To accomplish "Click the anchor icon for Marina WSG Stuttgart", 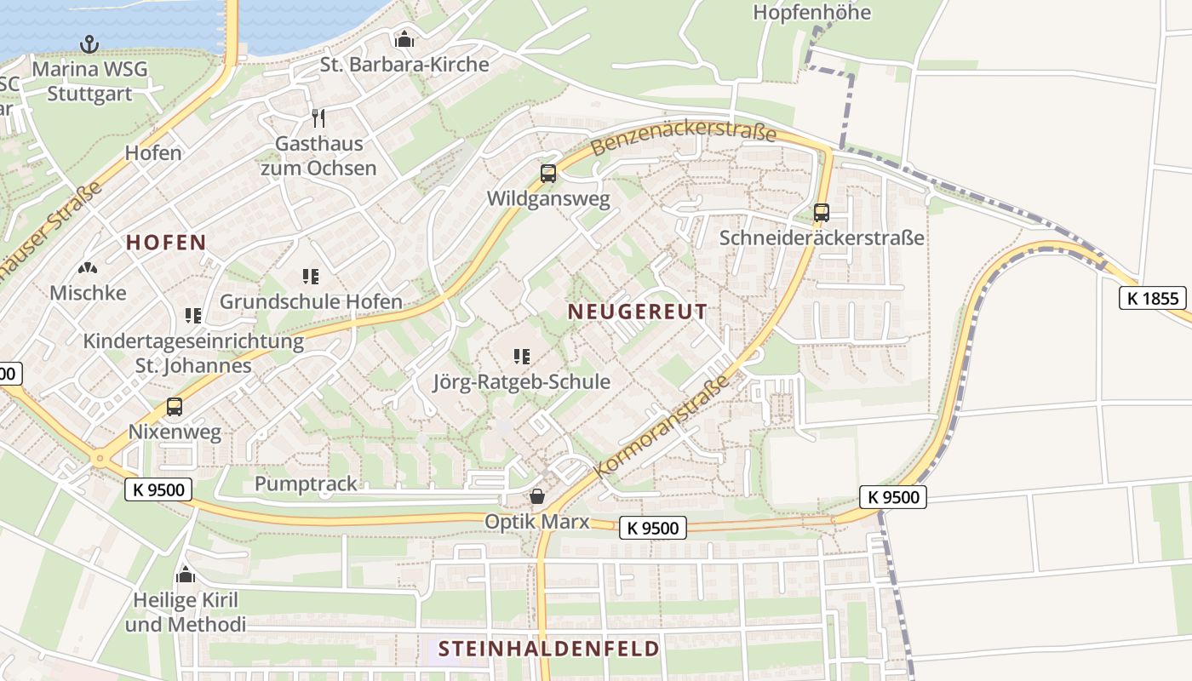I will pyautogui.click(x=89, y=43).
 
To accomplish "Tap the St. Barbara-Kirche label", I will pyautogui.click(x=404, y=65).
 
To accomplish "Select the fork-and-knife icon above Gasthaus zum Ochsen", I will pyautogui.click(x=319, y=117).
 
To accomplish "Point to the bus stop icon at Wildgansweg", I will pyautogui.click(x=548, y=174).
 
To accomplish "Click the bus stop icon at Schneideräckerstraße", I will pyautogui.click(x=822, y=212).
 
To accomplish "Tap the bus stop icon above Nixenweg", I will pyautogui.click(x=175, y=406).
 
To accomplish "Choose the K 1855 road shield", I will pyautogui.click(x=1153, y=298).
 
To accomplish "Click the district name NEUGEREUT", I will pyautogui.click(x=638, y=312).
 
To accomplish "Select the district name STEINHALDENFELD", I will pyautogui.click(x=549, y=649).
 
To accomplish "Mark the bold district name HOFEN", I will pyautogui.click(x=167, y=243).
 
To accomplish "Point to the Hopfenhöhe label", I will pyautogui.click(x=812, y=13).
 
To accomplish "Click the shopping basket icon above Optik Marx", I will pyautogui.click(x=537, y=496).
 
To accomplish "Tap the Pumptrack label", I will pyautogui.click(x=306, y=484).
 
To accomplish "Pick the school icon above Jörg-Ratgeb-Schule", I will pyautogui.click(x=522, y=356).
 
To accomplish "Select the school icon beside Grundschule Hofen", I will pyautogui.click(x=311, y=276).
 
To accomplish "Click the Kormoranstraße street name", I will pyautogui.click(x=662, y=426).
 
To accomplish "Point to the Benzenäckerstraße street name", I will pyautogui.click(x=683, y=140).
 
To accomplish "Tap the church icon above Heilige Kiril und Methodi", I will pyautogui.click(x=186, y=575).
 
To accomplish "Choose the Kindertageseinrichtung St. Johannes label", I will pyautogui.click(x=193, y=353).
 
